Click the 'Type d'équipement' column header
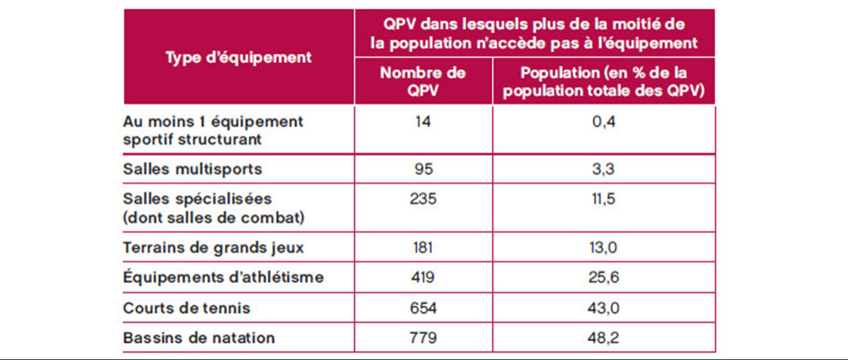click(x=239, y=58)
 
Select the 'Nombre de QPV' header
click(x=423, y=81)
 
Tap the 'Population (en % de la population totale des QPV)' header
click(x=604, y=81)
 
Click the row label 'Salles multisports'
click(x=192, y=169)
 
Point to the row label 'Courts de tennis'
click(x=187, y=308)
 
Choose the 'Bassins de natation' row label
click(x=199, y=338)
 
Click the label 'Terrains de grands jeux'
click(x=214, y=248)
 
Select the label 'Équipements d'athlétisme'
click(x=223, y=277)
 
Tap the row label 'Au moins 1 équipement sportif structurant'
click(x=213, y=130)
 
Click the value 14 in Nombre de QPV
click(x=423, y=122)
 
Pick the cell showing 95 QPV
click(x=423, y=169)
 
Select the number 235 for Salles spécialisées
click(x=423, y=199)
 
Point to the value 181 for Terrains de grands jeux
click(x=423, y=248)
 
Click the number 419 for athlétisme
click(x=423, y=277)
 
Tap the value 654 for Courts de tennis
click(x=423, y=308)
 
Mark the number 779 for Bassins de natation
click(x=423, y=338)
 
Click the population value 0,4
click(x=604, y=122)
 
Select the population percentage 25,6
click(x=604, y=277)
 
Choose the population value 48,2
click(x=604, y=338)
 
